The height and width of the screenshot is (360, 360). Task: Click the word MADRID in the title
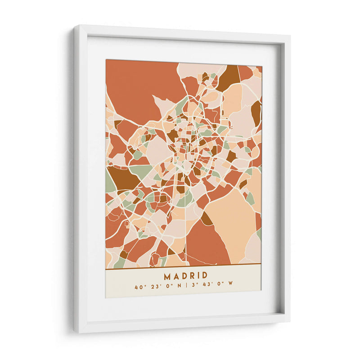point(185,275)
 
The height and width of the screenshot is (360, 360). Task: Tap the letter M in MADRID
point(167,275)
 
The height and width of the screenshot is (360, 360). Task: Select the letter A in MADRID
point(176,275)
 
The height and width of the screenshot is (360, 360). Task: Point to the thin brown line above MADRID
point(183,269)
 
